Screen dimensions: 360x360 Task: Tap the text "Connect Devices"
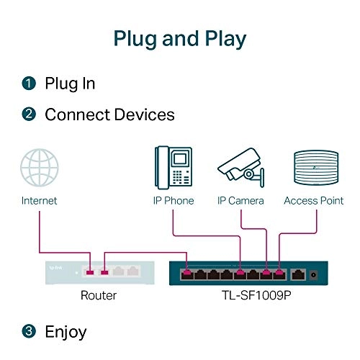click(109, 114)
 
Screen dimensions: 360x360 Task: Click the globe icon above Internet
click(39, 168)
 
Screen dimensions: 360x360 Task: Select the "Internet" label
click(39, 201)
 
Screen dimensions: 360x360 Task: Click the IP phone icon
click(173, 168)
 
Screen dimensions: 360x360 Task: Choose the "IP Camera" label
click(240, 201)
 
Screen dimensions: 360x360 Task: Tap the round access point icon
click(313, 169)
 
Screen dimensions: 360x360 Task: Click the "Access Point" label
click(313, 201)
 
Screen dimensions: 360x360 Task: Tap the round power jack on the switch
click(315, 274)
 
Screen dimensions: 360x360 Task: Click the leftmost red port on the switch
click(188, 274)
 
